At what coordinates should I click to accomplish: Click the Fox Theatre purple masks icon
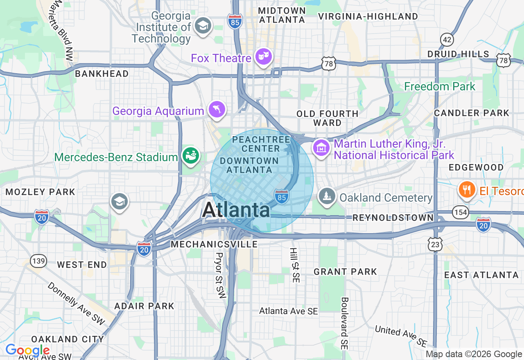pyautogui.click(x=264, y=57)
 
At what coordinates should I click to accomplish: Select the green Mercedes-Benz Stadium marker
pyautogui.click(x=191, y=156)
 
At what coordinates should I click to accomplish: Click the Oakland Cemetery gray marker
pyautogui.click(x=327, y=197)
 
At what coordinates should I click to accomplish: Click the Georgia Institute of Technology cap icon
pyautogui.click(x=202, y=26)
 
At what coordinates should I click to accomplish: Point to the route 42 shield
pyautogui.click(x=447, y=39)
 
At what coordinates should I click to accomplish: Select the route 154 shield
pyautogui.click(x=460, y=211)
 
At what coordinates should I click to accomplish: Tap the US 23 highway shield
pyautogui.click(x=435, y=245)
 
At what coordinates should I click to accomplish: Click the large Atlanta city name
pyautogui.click(x=236, y=210)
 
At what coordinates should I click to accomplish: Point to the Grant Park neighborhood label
pyautogui.click(x=345, y=272)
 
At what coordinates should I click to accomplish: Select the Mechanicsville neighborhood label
pyautogui.click(x=214, y=244)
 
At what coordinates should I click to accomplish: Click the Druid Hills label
pyautogui.click(x=458, y=54)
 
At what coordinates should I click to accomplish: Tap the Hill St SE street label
pyautogui.click(x=294, y=265)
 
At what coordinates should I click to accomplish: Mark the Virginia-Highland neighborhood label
pyautogui.click(x=368, y=16)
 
